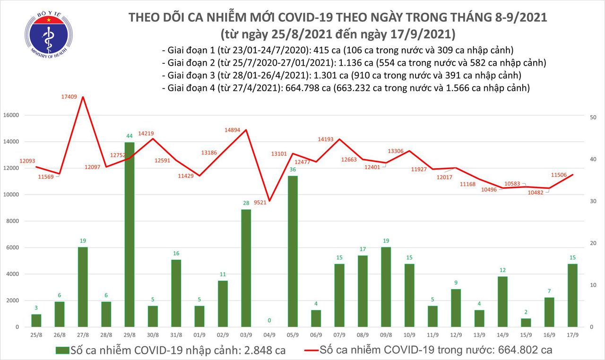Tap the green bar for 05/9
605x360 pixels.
click(x=293, y=251)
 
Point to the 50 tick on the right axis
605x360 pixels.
click(x=594, y=117)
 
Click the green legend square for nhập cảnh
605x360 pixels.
click(x=61, y=350)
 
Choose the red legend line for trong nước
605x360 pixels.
click(x=310, y=350)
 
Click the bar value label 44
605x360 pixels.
click(x=129, y=136)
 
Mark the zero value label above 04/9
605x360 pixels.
click(x=269, y=321)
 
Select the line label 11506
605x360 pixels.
click(x=559, y=174)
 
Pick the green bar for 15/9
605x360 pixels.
click(x=526, y=322)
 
